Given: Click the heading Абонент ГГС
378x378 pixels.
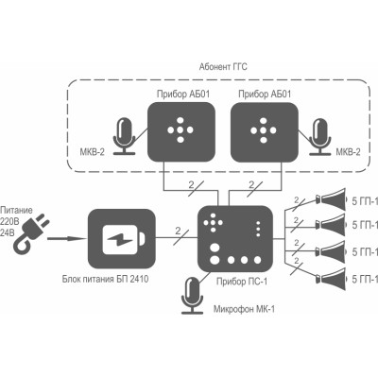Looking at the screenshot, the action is tap(223, 67).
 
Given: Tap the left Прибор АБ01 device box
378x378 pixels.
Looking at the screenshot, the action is tap(181, 132).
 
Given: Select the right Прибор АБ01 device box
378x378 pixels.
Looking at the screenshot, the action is tap(265, 132).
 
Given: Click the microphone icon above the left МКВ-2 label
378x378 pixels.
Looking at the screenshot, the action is tap(125, 136).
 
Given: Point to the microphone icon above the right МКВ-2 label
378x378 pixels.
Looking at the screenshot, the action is tap(320, 136).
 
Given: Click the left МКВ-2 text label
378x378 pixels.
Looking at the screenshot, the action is tap(92, 152).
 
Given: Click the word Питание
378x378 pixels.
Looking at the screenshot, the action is tap(16, 210).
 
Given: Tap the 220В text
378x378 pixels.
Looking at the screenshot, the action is tap(9, 222).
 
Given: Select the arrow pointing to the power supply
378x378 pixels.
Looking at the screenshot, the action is tap(67, 238).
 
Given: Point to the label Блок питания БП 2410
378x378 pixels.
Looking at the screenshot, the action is tap(105, 280).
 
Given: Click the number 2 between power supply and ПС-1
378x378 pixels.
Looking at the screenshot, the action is tap(178, 232).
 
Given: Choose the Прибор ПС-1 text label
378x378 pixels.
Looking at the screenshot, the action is tap(242, 282).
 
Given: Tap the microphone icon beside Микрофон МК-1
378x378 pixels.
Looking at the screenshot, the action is tap(193, 296).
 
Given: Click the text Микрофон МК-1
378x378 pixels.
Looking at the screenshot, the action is tap(244, 309).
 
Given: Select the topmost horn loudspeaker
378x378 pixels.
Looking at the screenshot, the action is tap(332, 198).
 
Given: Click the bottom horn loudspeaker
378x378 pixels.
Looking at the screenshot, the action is tap(332, 279).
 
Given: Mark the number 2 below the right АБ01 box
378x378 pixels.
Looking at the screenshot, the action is tap(251, 184).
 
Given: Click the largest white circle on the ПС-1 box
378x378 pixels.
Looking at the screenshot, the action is tap(215, 260).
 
